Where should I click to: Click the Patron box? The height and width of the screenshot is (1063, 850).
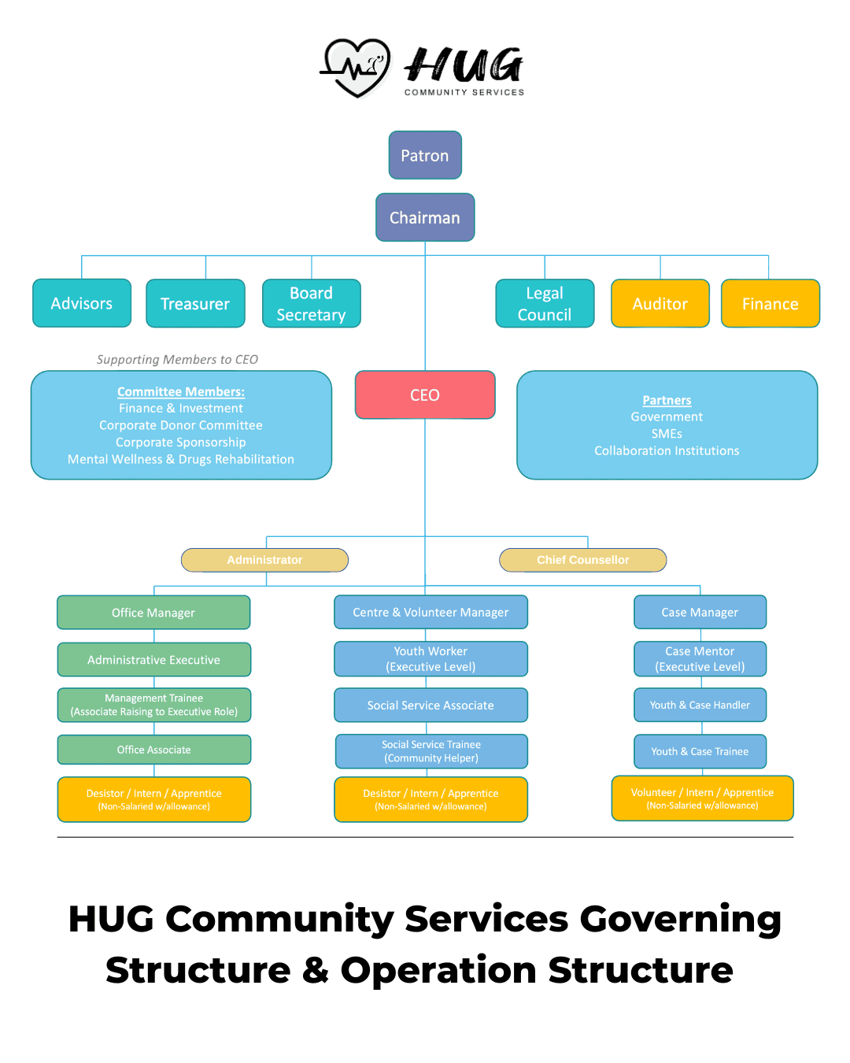[425, 155]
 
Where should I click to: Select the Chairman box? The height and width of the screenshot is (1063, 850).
[425, 217]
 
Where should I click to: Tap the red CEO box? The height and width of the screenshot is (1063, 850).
[425, 394]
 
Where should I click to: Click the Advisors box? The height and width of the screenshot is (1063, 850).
[82, 303]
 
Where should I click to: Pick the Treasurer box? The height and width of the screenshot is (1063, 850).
[196, 303]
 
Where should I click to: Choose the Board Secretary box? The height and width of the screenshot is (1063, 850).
[312, 303]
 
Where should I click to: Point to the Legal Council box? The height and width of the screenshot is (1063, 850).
[545, 303]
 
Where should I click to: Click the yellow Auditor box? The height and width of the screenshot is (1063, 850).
[660, 303]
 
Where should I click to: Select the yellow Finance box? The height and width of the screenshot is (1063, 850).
[771, 303]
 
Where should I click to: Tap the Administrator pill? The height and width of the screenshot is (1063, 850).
[264, 560]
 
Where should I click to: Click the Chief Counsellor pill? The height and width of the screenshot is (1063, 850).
[582, 560]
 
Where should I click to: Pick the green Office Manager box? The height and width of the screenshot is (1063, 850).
[153, 613]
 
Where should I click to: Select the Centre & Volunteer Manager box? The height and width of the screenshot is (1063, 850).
[431, 612]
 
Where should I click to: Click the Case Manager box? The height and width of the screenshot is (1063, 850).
[700, 612]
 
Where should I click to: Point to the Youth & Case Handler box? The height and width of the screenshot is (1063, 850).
[700, 705]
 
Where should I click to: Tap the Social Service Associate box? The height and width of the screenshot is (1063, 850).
[431, 705]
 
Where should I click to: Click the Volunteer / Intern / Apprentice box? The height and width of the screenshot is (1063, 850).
[702, 798]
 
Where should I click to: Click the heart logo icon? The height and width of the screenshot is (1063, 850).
[356, 68]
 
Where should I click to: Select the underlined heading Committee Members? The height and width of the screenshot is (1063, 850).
[181, 391]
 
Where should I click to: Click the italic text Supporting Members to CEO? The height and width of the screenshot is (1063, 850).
[177, 359]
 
